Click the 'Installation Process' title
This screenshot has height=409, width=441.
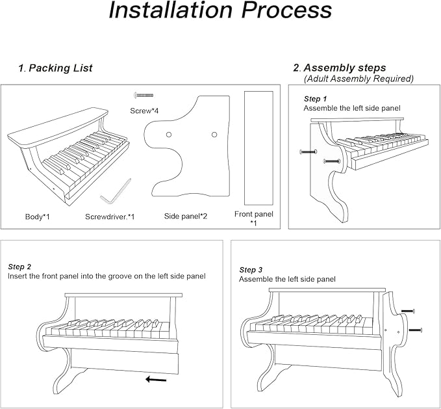point(220,10)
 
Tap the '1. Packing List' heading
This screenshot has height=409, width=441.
point(55,68)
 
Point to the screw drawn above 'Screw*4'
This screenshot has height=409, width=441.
point(143,95)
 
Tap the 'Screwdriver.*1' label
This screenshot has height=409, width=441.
point(110,216)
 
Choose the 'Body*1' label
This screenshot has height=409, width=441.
point(37,216)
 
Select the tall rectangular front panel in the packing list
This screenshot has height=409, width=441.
point(258,148)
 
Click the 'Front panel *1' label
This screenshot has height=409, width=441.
point(254,218)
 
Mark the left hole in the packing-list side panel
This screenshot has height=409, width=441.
point(168,135)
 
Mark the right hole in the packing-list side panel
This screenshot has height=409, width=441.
point(214,135)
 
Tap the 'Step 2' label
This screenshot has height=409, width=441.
point(19,267)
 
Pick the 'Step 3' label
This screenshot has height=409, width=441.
point(251,270)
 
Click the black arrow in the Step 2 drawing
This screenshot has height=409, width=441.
point(155,378)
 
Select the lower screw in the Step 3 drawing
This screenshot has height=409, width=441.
point(415,330)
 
